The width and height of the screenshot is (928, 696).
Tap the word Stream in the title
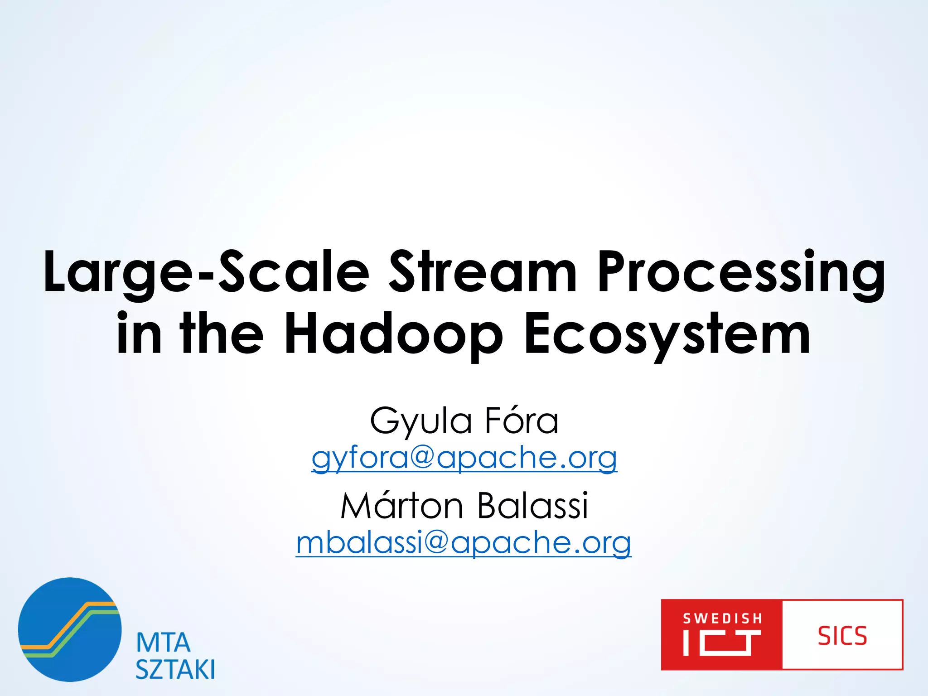(483, 272)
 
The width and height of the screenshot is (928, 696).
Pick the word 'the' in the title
(222, 334)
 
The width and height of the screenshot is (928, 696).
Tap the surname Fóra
(522, 420)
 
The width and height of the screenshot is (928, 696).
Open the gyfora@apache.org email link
(464, 459)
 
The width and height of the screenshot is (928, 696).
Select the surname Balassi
(532, 506)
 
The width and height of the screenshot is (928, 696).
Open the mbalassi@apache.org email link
(464, 543)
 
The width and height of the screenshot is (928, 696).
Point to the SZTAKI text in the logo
(175, 669)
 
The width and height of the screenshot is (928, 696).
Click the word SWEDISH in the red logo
(722, 619)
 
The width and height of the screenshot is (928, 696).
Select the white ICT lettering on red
(722, 643)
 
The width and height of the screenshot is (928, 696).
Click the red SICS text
(842, 636)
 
